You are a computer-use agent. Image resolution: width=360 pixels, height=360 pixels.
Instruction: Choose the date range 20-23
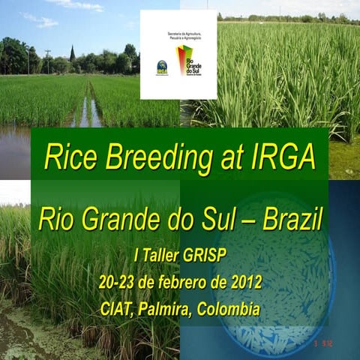(x=117, y=282)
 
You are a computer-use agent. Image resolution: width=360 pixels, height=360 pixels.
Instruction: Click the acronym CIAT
(x=117, y=308)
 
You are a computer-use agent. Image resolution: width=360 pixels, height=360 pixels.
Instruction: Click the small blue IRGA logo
(x=161, y=67)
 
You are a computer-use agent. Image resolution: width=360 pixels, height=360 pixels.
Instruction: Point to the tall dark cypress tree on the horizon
(x=72, y=55)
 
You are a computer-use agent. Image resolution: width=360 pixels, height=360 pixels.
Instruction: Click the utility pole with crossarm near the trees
(x=48, y=60)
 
